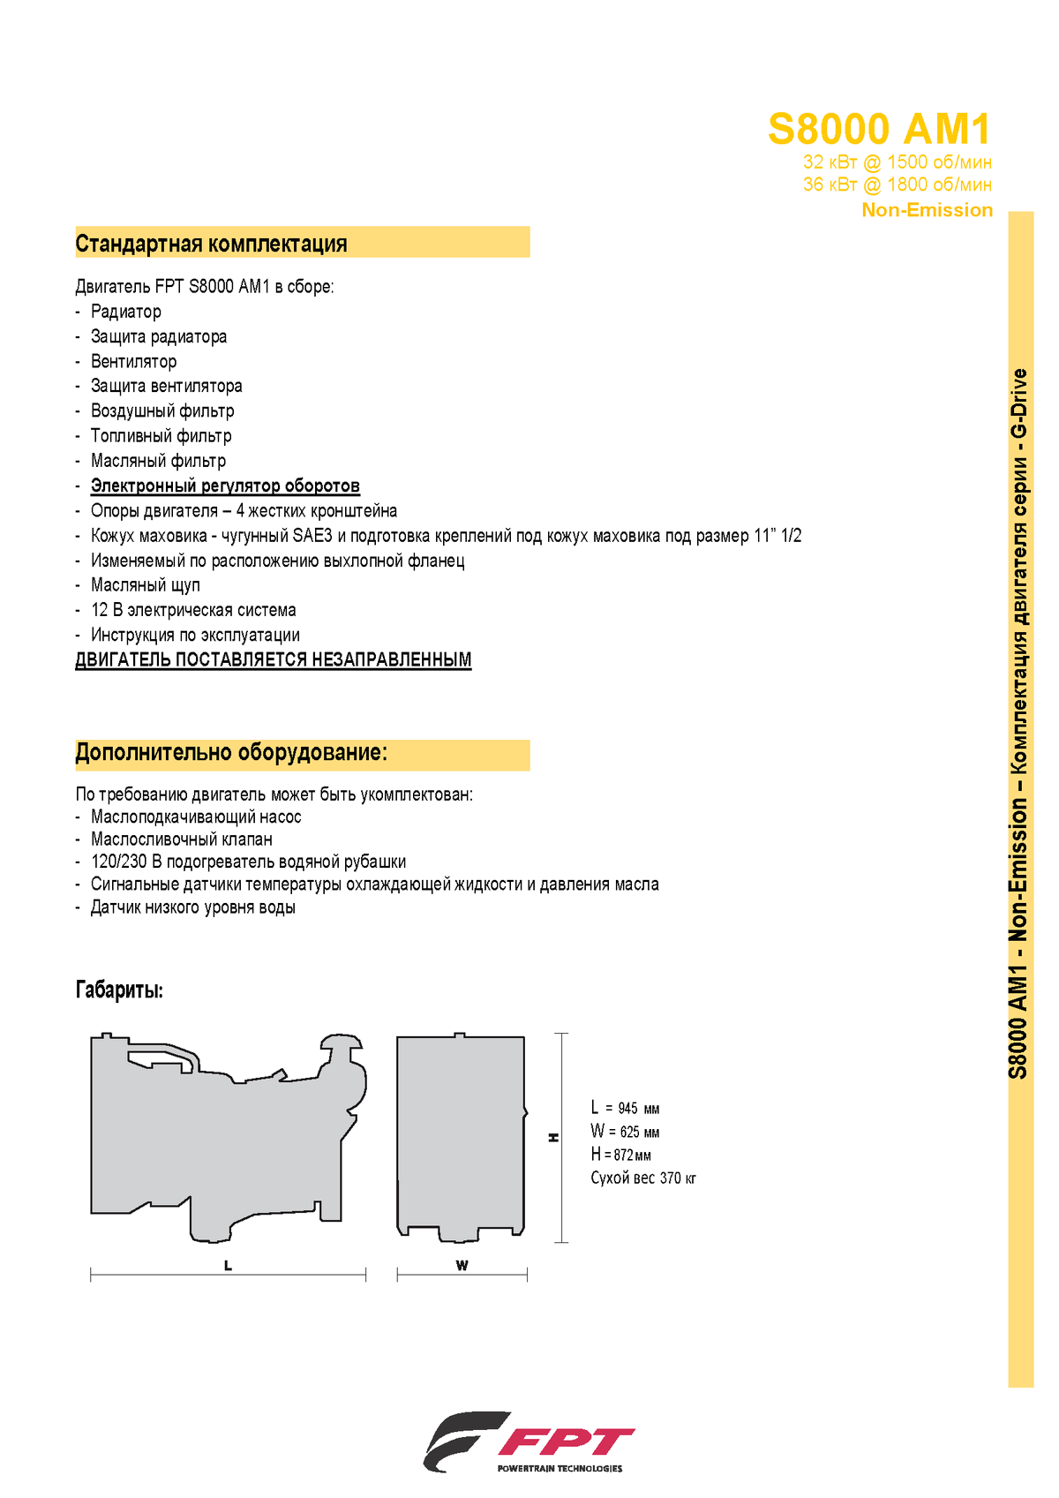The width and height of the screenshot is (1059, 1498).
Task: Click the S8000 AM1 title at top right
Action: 879,130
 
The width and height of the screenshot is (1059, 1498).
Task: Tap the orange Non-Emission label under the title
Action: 927,210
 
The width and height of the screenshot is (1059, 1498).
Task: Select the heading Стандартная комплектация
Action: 212,244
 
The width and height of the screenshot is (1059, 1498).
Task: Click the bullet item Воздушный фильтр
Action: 162,410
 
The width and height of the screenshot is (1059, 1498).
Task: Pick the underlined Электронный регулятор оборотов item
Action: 225,486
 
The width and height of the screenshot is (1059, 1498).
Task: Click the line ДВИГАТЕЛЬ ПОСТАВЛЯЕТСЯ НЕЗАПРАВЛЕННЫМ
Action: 274,659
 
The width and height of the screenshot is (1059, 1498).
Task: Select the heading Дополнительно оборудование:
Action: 231,752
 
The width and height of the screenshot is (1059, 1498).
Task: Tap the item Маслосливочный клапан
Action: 182,839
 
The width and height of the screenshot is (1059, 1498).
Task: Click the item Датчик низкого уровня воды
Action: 193,907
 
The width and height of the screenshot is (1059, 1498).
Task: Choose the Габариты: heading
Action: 119,990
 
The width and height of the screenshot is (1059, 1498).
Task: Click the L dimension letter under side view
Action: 228,1266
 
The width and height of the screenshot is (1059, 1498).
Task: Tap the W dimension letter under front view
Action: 462,1266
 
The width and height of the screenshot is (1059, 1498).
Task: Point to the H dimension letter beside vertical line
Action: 554,1138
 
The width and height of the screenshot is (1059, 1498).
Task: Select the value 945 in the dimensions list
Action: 627,1109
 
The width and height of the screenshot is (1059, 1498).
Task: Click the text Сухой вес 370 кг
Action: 643,1178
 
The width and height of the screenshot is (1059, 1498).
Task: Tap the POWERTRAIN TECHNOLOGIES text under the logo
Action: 560,1469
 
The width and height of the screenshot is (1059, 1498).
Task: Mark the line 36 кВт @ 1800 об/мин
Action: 897,184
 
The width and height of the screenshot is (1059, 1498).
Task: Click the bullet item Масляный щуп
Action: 146,585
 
